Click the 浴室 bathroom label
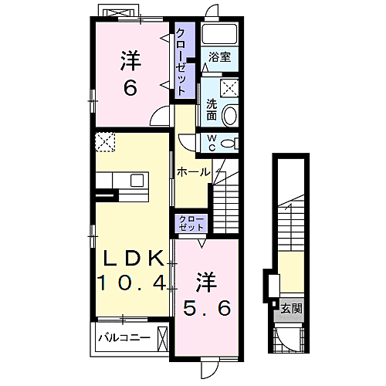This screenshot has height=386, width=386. pyautogui.click(x=219, y=57)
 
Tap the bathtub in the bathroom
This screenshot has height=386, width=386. pyautogui.click(x=219, y=34)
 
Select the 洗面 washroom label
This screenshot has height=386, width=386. pyautogui.click(x=212, y=110)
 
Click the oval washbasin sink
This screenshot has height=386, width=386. pyautogui.click(x=229, y=116)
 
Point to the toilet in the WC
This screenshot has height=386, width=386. pyautogui.click(x=230, y=144)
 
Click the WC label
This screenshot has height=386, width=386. pyautogui.click(x=212, y=144)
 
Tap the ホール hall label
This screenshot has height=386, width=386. pyautogui.click(x=193, y=172)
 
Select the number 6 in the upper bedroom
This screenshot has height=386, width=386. pyautogui.click(x=130, y=87)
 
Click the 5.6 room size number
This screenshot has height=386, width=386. pyautogui.click(x=207, y=308)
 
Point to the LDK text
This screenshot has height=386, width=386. pyautogui.click(x=134, y=258)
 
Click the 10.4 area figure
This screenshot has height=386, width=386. pyautogui.click(x=131, y=283)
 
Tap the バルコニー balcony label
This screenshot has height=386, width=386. pyautogui.click(x=124, y=337)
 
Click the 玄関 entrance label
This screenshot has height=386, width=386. pyautogui.click(x=291, y=308)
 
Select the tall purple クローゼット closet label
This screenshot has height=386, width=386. pyautogui.click(x=181, y=62)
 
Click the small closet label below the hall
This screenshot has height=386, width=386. pyautogui.click(x=191, y=223)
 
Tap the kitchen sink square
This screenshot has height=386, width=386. pyautogui.click(x=137, y=180)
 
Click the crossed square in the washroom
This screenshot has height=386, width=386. pyautogui.click(x=229, y=88)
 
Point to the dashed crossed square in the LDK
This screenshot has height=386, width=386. pyautogui.click(x=105, y=142)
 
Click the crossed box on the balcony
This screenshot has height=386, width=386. pyautogui.click(x=163, y=339)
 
